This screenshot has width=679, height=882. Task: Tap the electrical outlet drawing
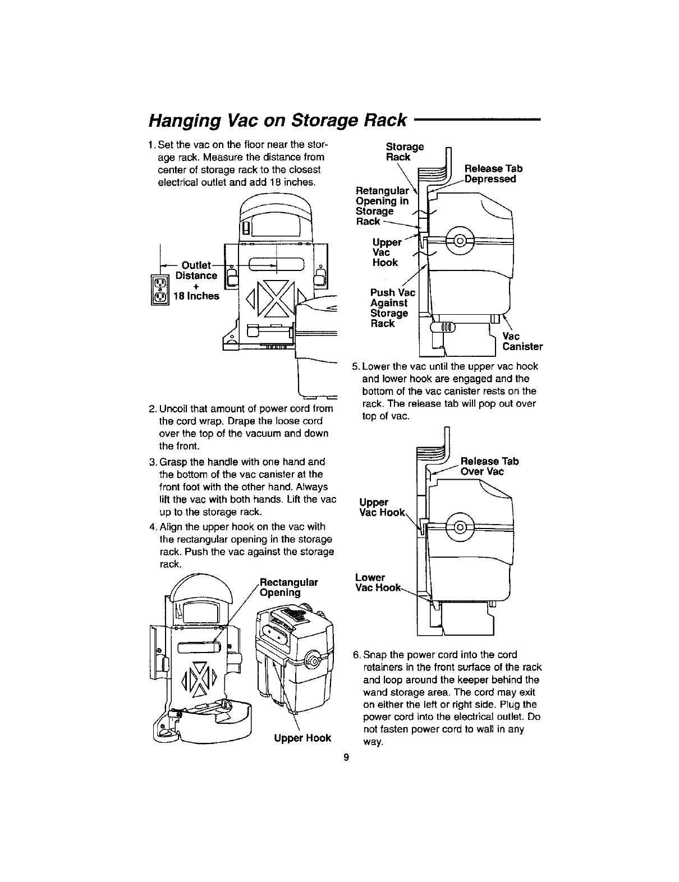[x=160, y=292]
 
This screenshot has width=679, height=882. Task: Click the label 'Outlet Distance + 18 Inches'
[x=196, y=281]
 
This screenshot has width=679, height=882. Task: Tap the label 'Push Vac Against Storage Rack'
[x=392, y=308]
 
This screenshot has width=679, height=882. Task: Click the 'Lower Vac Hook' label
[x=378, y=582]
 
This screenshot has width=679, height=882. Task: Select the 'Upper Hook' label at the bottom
[x=302, y=738]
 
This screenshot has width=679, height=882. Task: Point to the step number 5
[x=355, y=367]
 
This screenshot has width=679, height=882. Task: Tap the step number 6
[x=356, y=655]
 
